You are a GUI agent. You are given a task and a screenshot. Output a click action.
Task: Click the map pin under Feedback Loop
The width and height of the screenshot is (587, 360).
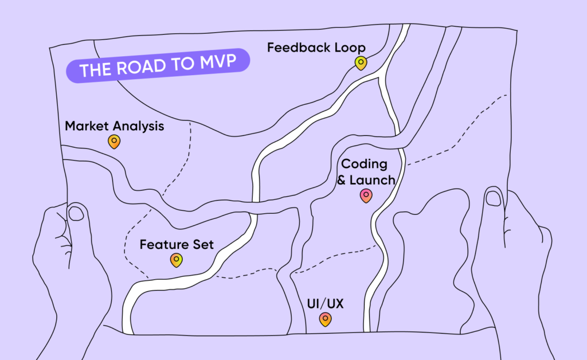point(360,63)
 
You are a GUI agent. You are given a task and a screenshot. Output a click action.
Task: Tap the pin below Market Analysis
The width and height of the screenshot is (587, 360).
point(114,141)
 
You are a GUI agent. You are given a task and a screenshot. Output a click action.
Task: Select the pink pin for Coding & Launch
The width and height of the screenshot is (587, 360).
point(366,196)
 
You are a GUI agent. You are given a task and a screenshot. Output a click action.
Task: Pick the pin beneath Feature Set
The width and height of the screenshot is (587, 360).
point(177,261)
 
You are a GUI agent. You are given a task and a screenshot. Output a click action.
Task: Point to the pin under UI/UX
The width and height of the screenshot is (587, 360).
point(325,319)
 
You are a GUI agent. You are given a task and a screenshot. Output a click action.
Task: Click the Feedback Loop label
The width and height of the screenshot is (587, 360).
point(316,48)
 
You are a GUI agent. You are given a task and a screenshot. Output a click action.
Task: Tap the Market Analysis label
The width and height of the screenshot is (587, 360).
point(114,126)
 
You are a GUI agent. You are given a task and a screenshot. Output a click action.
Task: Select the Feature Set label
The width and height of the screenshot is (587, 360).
point(177,245)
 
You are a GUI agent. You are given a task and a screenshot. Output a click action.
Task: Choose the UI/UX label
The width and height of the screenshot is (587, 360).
point(325,304)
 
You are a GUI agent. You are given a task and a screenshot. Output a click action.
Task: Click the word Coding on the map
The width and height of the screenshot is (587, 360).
point(365,164)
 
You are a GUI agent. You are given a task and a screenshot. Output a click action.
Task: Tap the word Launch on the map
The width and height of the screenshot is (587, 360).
point(373,180)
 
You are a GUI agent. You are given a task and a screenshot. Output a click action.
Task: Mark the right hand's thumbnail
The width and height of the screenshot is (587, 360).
point(492,198)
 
